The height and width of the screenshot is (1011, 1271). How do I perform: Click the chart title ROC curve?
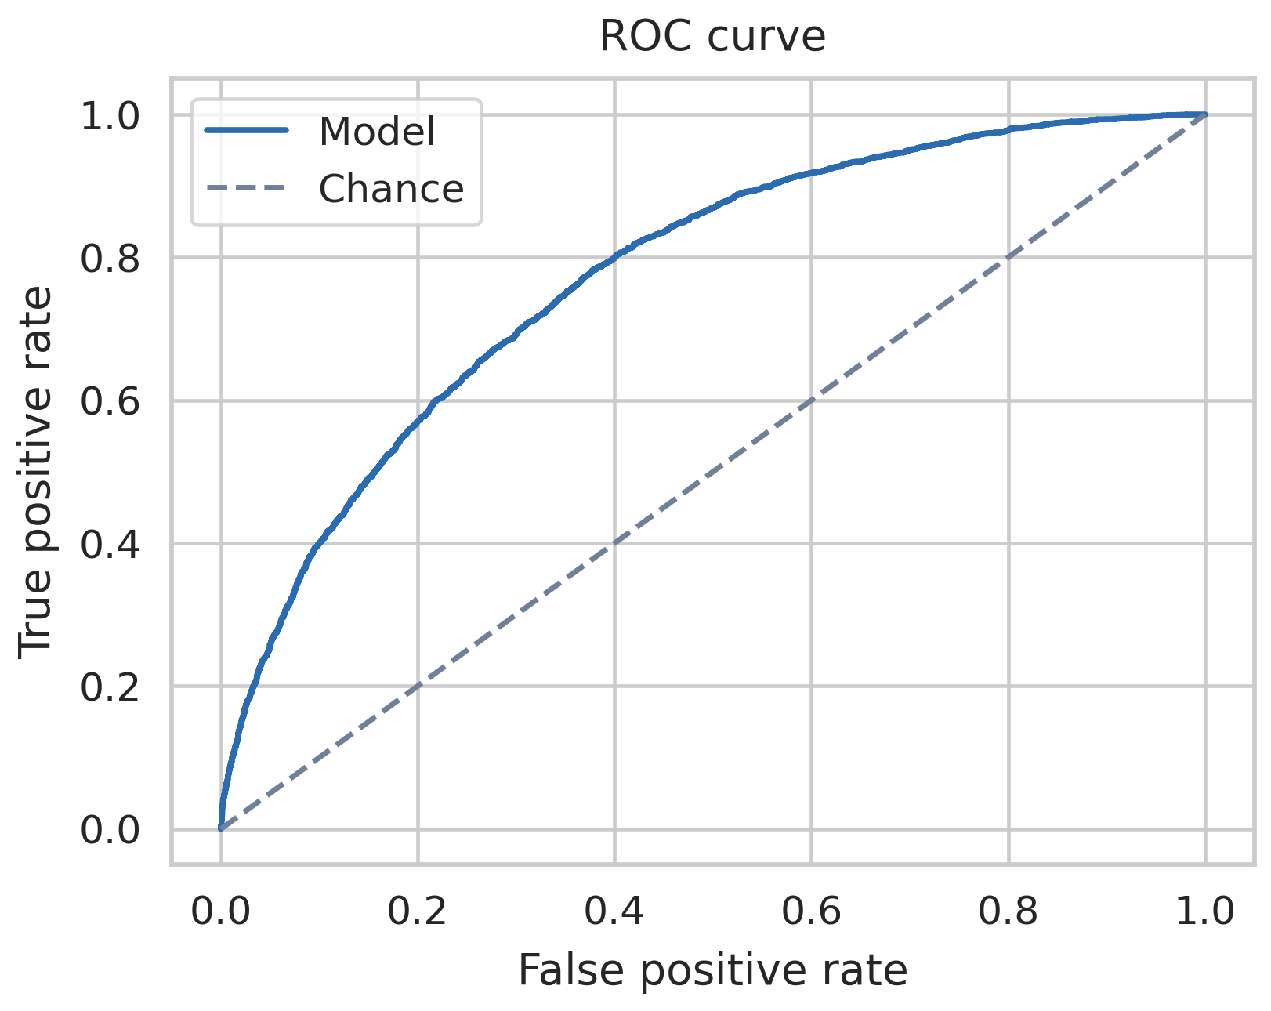(712, 37)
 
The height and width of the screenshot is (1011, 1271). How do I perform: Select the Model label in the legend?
(376, 132)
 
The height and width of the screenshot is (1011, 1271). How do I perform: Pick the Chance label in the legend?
(391, 189)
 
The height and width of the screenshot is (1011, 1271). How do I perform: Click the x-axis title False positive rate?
(712, 970)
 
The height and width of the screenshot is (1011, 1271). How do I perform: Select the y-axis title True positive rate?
(36, 470)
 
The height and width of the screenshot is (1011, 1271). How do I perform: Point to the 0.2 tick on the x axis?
(418, 912)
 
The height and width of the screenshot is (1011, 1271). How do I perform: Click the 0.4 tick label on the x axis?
(614, 912)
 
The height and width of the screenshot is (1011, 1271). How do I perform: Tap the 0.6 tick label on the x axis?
(811, 912)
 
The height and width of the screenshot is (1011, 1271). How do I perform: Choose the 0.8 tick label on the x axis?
(1008, 912)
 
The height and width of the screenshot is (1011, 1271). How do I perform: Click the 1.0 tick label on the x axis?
(1205, 912)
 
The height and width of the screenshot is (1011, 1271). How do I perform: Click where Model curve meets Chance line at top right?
(1205, 114)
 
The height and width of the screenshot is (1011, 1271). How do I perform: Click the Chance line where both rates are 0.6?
(811, 400)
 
